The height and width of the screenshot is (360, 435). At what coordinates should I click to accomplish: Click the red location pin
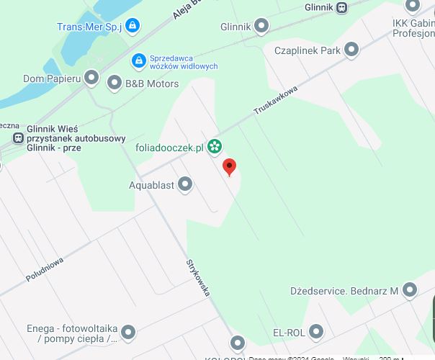tap(230, 167)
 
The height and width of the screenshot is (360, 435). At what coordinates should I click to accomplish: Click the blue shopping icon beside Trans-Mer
tap(132, 27)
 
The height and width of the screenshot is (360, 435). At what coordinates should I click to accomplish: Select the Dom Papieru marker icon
tap(91, 77)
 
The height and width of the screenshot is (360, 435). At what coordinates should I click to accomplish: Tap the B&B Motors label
tap(152, 84)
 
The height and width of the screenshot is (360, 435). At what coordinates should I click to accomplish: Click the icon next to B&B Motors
tap(114, 84)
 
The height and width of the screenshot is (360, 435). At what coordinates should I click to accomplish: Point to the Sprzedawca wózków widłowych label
tap(184, 62)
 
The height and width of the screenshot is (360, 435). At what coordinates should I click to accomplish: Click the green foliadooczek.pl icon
tap(214, 148)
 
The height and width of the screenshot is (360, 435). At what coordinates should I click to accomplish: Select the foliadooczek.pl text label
tap(170, 148)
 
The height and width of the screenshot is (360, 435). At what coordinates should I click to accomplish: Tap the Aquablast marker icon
tap(185, 185)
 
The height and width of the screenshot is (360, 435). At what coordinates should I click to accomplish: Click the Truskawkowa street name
tap(275, 101)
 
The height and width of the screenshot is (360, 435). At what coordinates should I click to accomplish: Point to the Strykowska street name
tap(198, 278)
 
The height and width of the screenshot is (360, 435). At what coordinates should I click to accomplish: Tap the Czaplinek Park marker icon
tap(351, 50)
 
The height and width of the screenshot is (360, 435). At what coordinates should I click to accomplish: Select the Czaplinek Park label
tap(307, 50)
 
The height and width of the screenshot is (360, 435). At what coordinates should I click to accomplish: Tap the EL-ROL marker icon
tap(316, 333)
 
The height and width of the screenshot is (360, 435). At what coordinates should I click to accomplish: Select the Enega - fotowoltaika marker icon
tap(128, 333)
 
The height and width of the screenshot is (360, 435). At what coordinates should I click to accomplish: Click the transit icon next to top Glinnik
tap(342, 7)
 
